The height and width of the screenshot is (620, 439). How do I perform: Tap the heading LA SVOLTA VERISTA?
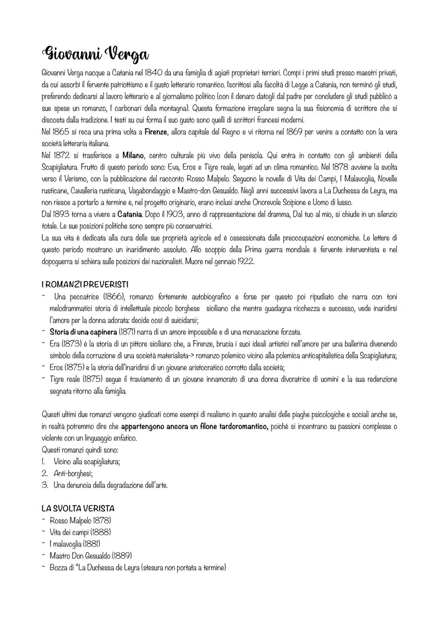point(78,508)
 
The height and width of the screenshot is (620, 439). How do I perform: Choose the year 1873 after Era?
point(72,344)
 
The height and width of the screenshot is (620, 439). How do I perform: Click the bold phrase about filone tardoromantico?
point(195,427)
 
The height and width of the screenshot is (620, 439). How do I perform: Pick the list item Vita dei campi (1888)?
point(80,531)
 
